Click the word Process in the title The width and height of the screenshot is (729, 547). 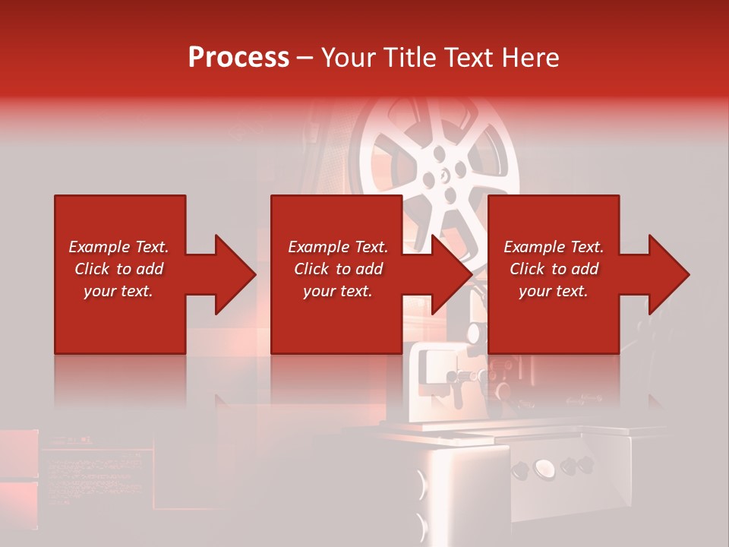[x=238, y=58]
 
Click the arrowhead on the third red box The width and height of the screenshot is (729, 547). [x=663, y=274]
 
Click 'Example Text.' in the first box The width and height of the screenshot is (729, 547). [x=119, y=247]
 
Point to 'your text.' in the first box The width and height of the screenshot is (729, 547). [x=119, y=291]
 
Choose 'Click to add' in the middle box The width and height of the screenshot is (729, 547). [x=338, y=269]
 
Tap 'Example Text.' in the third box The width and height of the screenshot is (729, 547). [x=554, y=247]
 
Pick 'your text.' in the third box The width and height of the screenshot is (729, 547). [x=554, y=291]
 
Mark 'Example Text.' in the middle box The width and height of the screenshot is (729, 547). [x=338, y=247]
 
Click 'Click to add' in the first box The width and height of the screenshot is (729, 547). [x=119, y=269]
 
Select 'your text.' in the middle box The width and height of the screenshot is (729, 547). [x=338, y=291]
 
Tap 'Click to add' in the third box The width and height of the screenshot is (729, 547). [x=554, y=269]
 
